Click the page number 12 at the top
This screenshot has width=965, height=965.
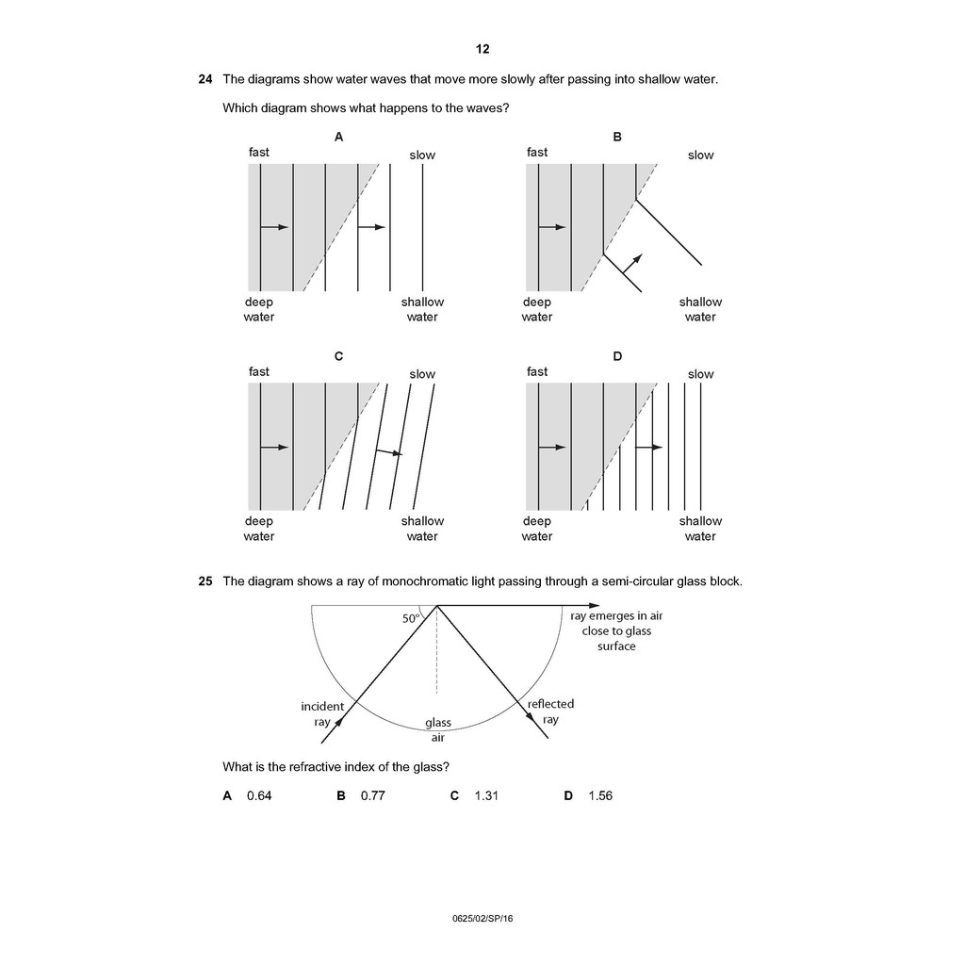482,49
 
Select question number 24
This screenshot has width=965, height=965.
204,79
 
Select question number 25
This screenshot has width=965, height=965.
204,581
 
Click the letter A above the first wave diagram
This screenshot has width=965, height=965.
338,137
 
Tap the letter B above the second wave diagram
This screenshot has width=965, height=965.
617,137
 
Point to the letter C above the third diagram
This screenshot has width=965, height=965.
338,356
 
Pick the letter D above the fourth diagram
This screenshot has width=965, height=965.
617,356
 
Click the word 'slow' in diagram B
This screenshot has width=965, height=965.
700,155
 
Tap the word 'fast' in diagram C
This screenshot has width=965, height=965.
259,371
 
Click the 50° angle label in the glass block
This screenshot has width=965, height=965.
411,619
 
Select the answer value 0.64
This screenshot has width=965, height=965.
259,796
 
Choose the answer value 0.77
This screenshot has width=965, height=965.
373,796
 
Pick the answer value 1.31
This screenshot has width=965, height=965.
486,796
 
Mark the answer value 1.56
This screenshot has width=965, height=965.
600,796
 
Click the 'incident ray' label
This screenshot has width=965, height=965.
322,714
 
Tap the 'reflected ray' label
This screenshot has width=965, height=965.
550,711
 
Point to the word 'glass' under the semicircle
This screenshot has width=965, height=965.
438,723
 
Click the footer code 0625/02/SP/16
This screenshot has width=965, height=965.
482,919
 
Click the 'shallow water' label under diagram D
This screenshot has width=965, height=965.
700,529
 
